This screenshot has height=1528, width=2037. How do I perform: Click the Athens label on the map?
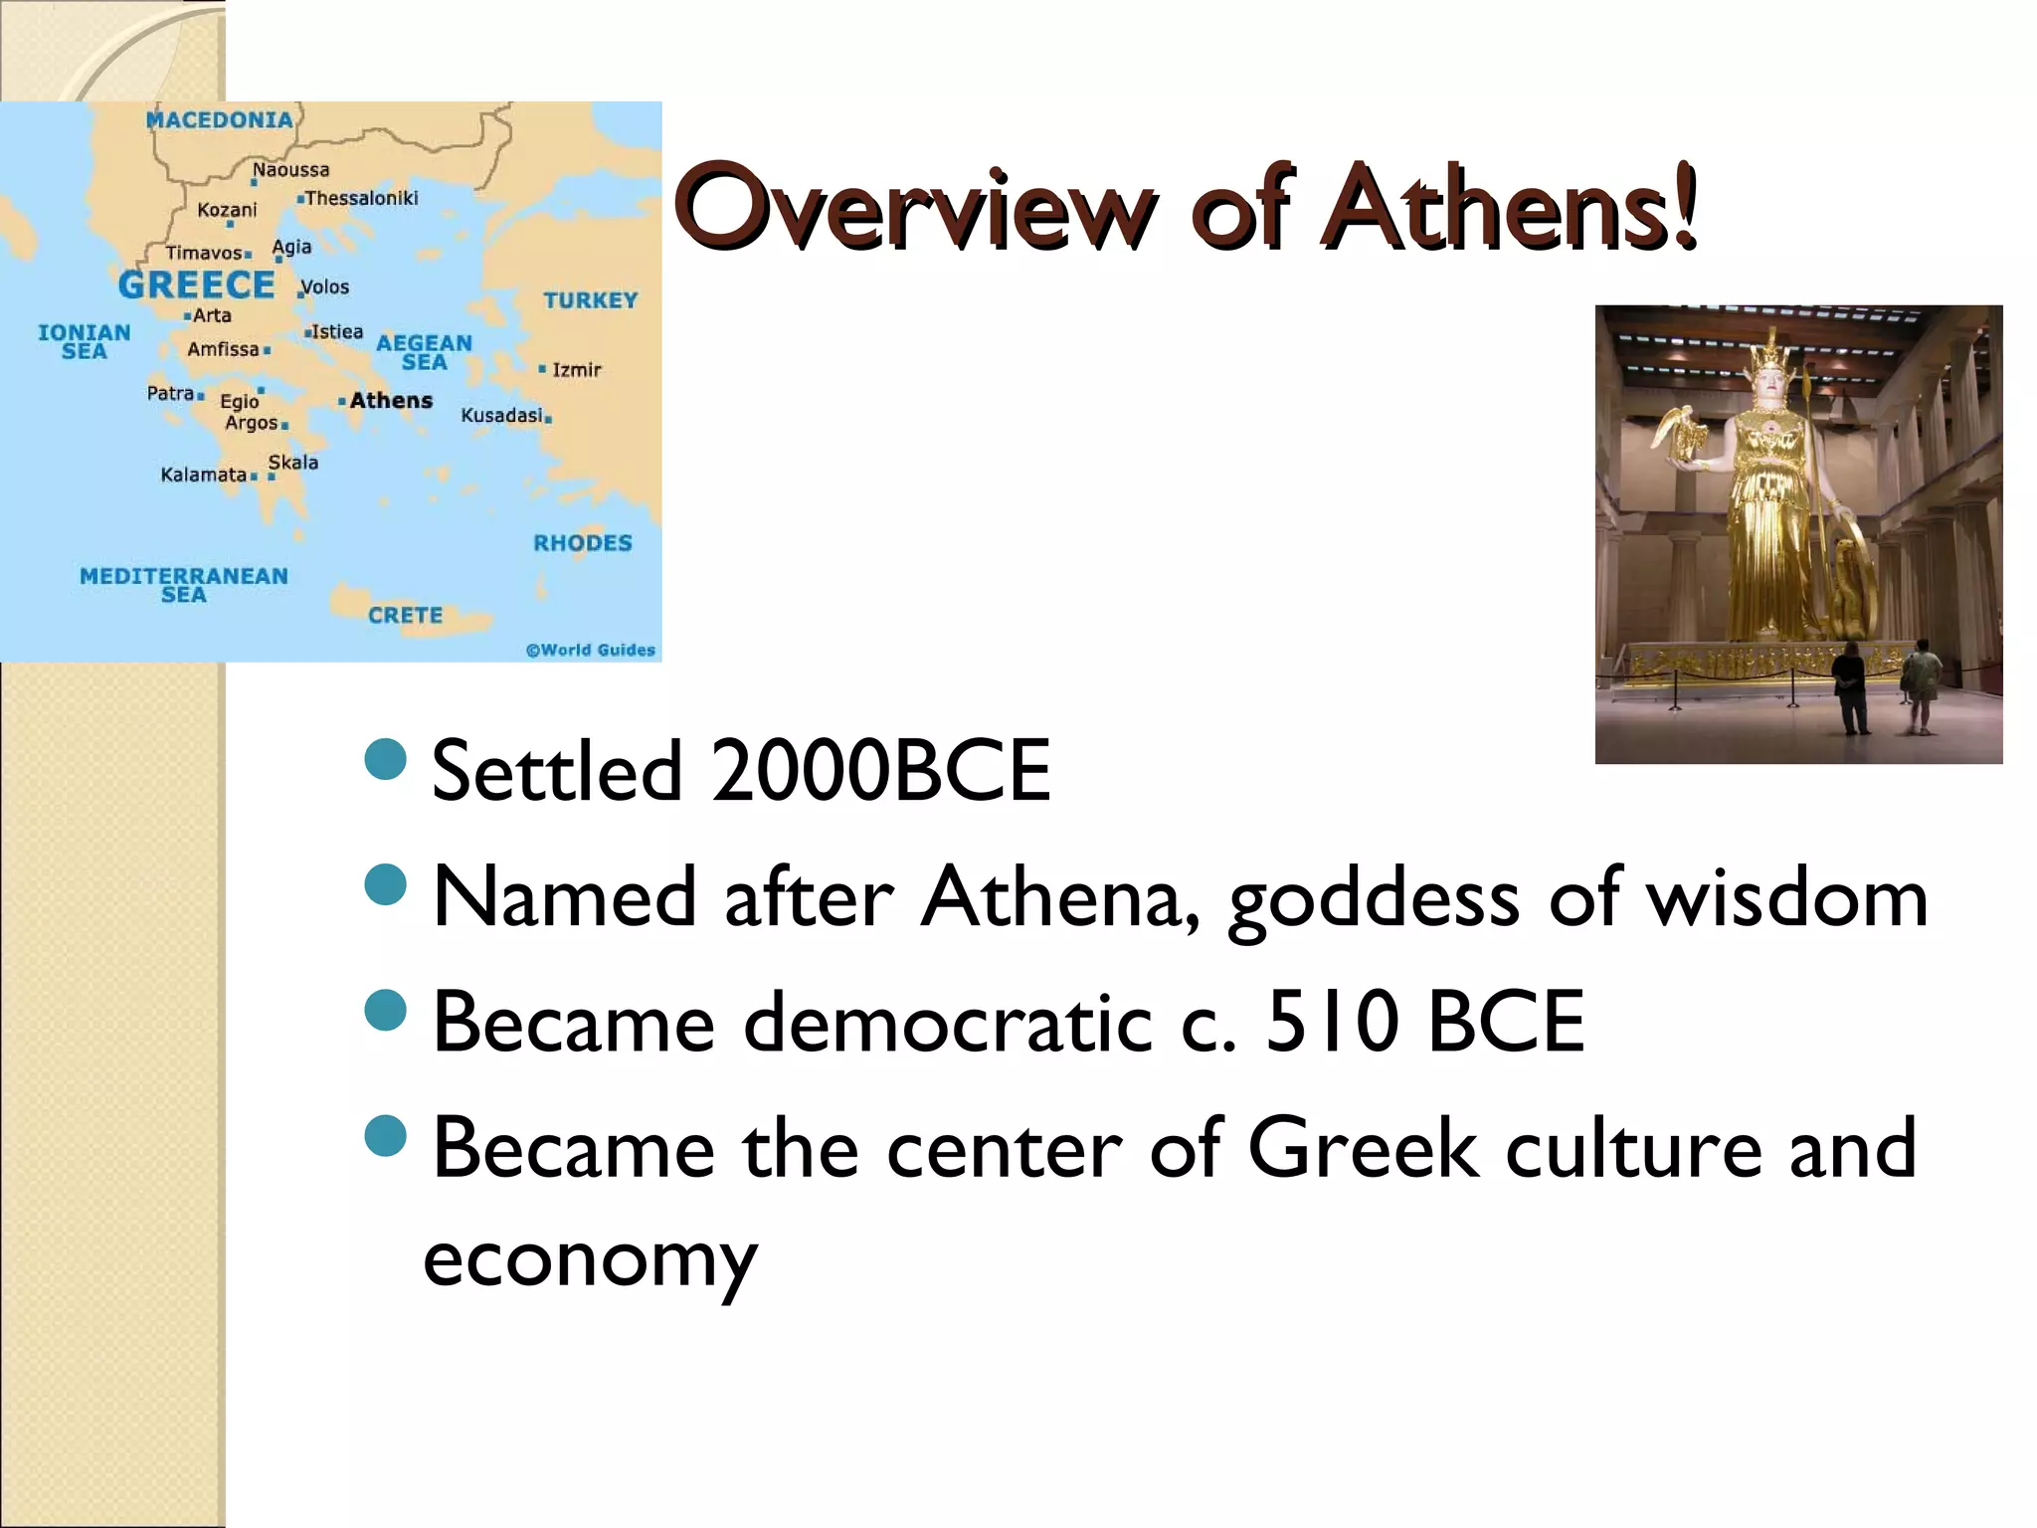(391, 401)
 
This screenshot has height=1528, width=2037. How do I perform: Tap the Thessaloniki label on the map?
(361, 198)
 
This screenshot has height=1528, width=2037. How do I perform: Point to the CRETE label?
(405, 616)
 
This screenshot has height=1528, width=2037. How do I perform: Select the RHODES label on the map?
(583, 543)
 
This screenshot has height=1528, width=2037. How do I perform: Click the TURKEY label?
(590, 300)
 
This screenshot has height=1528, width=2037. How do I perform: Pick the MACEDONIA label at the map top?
(219, 120)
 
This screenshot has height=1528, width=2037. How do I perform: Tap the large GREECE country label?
(196, 286)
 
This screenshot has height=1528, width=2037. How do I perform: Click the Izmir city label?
(576, 370)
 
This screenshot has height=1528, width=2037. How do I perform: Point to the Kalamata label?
(203, 475)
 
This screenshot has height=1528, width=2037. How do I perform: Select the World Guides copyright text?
(591, 651)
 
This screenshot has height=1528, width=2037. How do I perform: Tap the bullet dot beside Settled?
(386, 759)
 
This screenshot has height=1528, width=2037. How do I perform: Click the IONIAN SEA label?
(85, 341)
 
